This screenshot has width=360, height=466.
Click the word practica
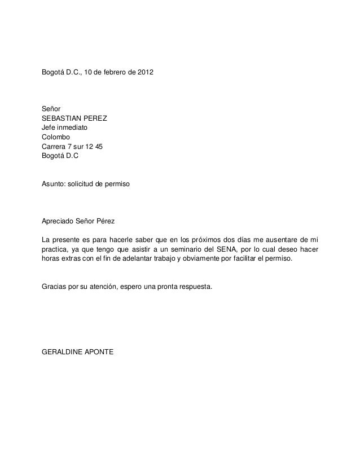(x=55, y=248)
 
